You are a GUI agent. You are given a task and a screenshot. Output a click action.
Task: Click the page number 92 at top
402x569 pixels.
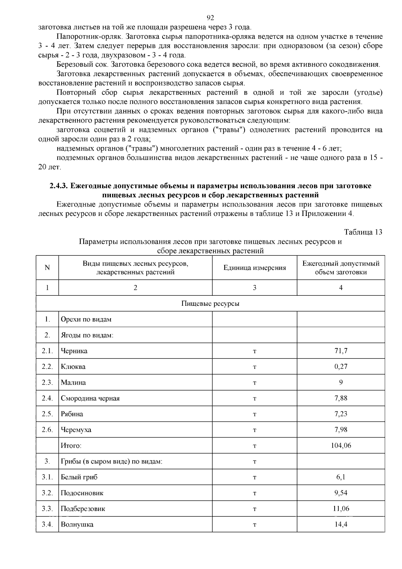(210, 18)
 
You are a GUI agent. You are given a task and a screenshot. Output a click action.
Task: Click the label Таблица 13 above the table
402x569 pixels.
(363, 232)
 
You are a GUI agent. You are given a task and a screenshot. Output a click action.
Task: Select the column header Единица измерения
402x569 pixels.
(255, 268)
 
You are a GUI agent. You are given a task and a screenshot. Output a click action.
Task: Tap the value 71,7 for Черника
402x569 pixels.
(341, 351)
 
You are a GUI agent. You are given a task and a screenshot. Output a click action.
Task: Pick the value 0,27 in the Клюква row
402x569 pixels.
(341, 367)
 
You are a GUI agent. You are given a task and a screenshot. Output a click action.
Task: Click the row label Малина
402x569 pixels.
(73, 383)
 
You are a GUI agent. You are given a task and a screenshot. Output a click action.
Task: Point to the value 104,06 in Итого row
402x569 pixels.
(341, 446)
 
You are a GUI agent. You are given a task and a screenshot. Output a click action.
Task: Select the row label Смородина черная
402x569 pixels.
(90, 398)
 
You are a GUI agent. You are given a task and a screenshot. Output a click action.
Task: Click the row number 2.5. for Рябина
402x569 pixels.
(47, 414)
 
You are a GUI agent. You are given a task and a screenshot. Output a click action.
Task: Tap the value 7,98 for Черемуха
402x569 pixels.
(341, 430)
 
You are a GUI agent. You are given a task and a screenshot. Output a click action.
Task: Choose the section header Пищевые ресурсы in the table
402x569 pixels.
(210, 304)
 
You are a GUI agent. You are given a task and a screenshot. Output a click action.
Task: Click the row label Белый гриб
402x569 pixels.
(79, 477)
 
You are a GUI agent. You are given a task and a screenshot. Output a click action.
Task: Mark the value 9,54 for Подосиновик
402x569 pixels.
(341, 493)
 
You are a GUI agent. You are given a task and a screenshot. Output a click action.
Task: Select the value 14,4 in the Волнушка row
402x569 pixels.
(341, 524)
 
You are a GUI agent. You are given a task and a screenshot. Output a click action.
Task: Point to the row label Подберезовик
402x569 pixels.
(83, 509)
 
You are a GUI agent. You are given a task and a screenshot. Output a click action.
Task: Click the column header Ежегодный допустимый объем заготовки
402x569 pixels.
(341, 268)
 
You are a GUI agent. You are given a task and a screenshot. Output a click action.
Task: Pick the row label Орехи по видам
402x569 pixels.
(86, 320)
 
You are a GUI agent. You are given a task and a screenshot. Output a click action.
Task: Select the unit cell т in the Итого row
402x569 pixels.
(255, 446)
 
